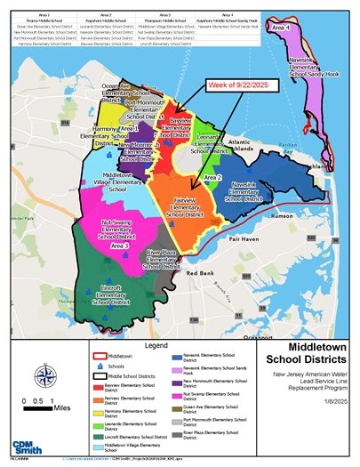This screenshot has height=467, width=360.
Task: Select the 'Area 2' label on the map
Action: pyautogui.click(x=212, y=178)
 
